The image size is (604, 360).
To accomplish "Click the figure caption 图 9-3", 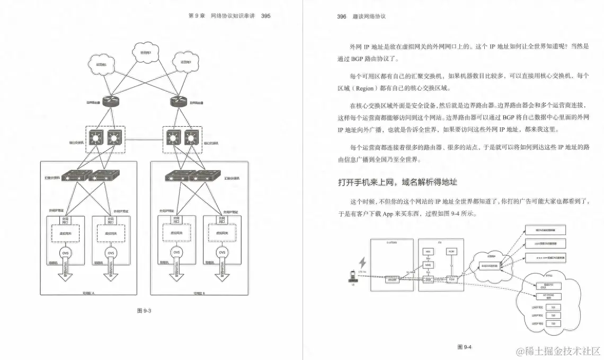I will click(x=144, y=311).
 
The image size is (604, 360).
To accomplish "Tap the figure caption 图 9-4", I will click(x=464, y=347).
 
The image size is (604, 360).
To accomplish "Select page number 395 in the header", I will click(x=265, y=16).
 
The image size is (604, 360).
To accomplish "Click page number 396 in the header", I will click(x=342, y=16).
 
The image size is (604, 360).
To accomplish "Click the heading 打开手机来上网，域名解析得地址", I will click(x=397, y=182).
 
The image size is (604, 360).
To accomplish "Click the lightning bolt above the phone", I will click(x=363, y=262).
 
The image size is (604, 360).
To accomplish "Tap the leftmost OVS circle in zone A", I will click(x=65, y=252).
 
